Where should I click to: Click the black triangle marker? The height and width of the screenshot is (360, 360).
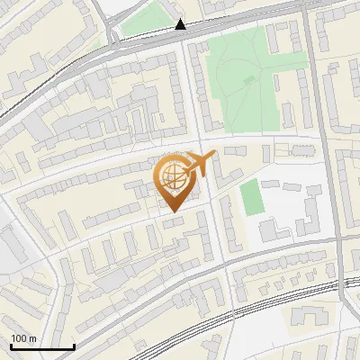(x=181, y=25)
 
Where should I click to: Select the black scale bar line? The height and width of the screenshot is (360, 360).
(x=42, y=347)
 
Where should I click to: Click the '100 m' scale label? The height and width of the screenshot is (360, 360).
(x=24, y=338)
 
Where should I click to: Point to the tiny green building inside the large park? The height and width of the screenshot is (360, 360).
(x=248, y=79)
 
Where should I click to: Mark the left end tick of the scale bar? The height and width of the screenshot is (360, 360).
(x=11, y=346)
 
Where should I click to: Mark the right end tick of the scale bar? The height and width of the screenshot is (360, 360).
(x=74, y=346)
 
